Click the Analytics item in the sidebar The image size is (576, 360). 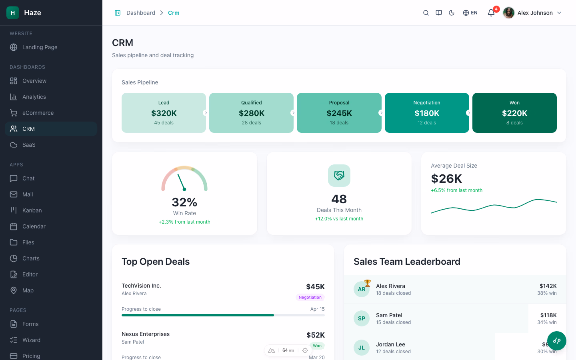click(x=34, y=97)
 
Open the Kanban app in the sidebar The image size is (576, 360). click(x=32, y=210)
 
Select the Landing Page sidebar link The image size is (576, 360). click(x=40, y=47)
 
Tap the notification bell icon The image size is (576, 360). click(x=491, y=13)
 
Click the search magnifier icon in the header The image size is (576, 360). click(x=426, y=13)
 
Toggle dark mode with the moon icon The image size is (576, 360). click(x=452, y=13)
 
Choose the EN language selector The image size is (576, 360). click(x=470, y=13)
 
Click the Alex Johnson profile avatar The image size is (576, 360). click(x=509, y=13)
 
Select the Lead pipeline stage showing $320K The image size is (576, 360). click(x=164, y=113)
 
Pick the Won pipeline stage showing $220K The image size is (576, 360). click(x=514, y=113)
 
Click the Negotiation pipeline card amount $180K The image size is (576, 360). click(x=427, y=113)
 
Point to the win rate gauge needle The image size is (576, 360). click(x=181, y=182)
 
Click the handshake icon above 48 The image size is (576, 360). click(x=339, y=176)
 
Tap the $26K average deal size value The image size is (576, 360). click(x=446, y=178)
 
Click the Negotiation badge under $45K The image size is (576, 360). click(x=310, y=297)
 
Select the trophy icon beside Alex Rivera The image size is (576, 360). click(x=368, y=283)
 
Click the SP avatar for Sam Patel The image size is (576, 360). click(x=362, y=318)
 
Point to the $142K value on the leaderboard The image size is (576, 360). click(x=548, y=286)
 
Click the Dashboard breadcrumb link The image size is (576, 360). click(x=141, y=13)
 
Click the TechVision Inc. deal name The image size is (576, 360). click(x=141, y=286)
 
